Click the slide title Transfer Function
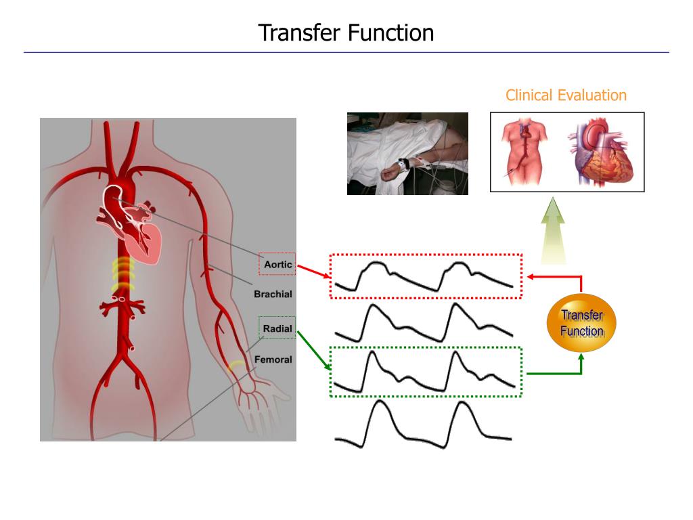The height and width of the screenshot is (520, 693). (346, 32)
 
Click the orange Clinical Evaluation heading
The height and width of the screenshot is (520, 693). (566, 95)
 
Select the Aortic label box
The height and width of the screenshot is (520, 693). (277, 264)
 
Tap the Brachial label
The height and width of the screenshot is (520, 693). (273, 294)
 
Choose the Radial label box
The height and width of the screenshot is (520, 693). (277, 328)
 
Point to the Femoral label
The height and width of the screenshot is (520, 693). (273, 360)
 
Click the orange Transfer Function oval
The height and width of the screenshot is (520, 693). (581, 322)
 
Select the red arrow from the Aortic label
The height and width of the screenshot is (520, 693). (313, 271)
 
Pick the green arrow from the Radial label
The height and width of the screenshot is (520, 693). (313, 349)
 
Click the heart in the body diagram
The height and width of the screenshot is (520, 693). (139, 227)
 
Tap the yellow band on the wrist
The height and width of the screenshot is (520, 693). (237, 366)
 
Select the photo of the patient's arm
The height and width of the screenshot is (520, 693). (407, 154)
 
